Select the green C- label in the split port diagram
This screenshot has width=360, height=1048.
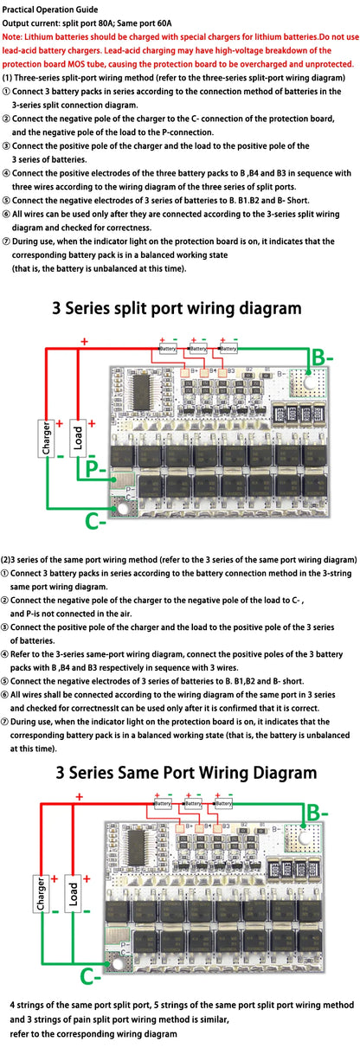pyautogui.click(x=95, y=521)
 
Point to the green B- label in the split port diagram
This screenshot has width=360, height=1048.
pyautogui.click(x=322, y=357)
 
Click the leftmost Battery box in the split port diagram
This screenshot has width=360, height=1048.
pyautogui.click(x=168, y=348)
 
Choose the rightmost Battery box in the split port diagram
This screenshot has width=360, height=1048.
pyautogui.click(x=228, y=348)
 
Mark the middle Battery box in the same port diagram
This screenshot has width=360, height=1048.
pyautogui.click(x=190, y=803)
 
